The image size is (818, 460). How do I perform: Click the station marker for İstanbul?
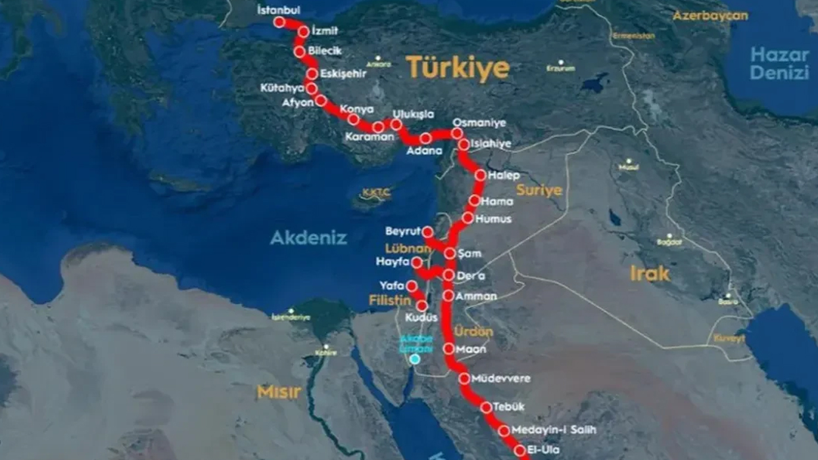click(x=279, y=22)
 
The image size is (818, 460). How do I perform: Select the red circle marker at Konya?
click(x=353, y=119)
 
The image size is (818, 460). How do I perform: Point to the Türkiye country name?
click(x=458, y=68)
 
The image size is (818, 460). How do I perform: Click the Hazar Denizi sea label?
click(x=779, y=64)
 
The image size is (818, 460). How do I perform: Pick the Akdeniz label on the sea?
click(x=308, y=238)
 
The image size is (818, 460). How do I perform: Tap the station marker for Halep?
click(x=480, y=175)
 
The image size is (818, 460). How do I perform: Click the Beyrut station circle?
click(x=428, y=232)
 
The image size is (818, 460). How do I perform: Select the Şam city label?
click(x=471, y=254)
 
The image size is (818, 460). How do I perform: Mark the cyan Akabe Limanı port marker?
click(x=415, y=359)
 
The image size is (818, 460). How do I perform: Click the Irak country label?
click(x=649, y=273)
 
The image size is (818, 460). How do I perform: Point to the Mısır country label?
click(x=279, y=392)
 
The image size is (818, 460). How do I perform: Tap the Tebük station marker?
click(x=486, y=407)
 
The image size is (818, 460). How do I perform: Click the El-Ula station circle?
click(x=520, y=451)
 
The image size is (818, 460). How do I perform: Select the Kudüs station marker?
click(x=422, y=306)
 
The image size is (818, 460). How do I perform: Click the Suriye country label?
click(x=539, y=191)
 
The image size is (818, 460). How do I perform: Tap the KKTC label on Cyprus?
click(x=376, y=193)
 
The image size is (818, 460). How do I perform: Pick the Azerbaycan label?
click(x=710, y=15)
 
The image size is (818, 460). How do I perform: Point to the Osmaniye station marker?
click(x=456, y=133)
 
